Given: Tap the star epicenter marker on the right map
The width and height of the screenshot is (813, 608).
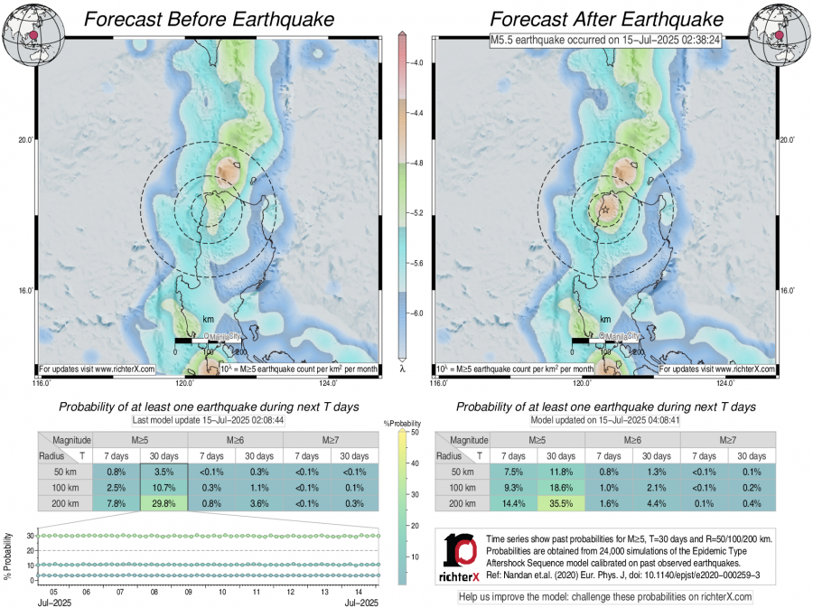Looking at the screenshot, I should (x=605, y=210).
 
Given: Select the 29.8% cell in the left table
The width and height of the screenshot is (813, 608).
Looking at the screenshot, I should (x=164, y=504).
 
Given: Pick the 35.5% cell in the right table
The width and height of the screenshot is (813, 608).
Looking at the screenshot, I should (x=561, y=504).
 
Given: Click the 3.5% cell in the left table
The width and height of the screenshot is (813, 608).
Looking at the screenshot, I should (x=164, y=472).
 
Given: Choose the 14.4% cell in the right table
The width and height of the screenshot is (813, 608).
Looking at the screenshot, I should (x=514, y=504).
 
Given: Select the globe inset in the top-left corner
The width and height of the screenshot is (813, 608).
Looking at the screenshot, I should (x=28, y=33).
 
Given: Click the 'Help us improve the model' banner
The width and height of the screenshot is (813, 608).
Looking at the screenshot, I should (x=605, y=596).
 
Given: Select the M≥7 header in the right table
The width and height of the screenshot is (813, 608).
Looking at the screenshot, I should (x=727, y=439).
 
